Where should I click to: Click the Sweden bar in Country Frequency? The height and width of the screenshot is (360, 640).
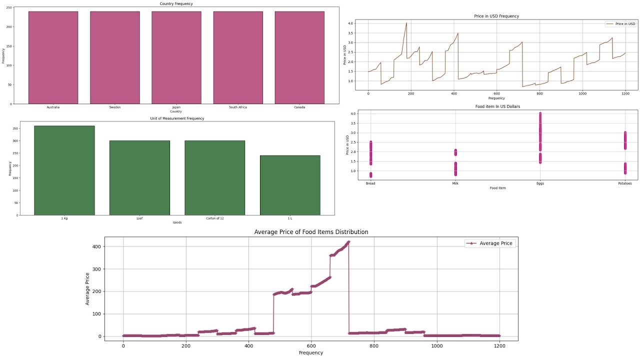pyautogui.click(x=114, y=57)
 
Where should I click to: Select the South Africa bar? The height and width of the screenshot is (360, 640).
pyautogui.click(x=238, y=57)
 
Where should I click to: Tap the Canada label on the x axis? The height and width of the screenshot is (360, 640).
pyautogui.click(x=299, y=107)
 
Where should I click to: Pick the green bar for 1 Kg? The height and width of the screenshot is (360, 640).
pyautogui.click(x=64, y=170)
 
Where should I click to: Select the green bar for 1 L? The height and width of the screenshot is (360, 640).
pyautogui.click(x=290, y=185)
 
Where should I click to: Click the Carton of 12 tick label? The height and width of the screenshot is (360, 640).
pyautogui.click(x=215, y=218)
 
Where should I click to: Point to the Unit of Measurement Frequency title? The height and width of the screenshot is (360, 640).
pyautogui.click(x=177, y=118)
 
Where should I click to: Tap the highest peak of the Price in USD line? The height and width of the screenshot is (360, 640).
pyautogui.click(x=406, y=23)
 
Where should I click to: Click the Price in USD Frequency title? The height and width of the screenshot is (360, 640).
pyautogui.click(x=496, y=16)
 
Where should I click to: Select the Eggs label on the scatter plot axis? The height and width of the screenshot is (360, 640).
pyautogui.click(x=540, y=183)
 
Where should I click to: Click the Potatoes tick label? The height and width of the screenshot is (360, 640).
pyautogui.click(x=624, y=183)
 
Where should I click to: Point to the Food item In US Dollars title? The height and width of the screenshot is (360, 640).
pyautogui.click(x=496, y=106)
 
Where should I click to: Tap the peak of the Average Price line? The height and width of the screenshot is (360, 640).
pyautogui.click(x=348, y=242)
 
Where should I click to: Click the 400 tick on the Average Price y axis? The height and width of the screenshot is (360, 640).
pyautogui.click(x=95, y=246)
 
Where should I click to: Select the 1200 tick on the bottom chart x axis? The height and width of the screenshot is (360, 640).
pyautogui.click(x=500, y=345)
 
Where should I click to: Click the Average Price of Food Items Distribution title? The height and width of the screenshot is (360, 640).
pyautogui.click(x=311, y=232)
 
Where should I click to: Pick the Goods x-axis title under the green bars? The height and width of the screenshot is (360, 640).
pyautogui.click(x=177, y=222)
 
